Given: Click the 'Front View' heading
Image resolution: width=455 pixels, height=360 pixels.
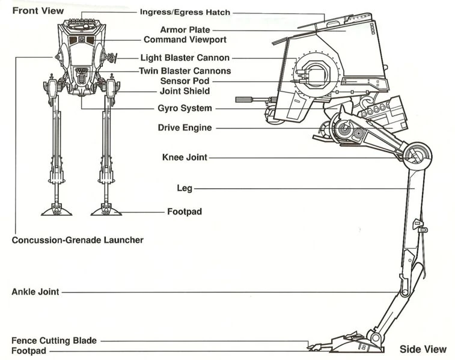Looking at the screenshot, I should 38,11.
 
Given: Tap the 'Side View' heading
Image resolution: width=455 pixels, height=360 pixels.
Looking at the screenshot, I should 423,349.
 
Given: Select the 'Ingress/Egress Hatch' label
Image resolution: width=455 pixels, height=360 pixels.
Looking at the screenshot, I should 185,12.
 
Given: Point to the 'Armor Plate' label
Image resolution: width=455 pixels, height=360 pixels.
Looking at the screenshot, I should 185,29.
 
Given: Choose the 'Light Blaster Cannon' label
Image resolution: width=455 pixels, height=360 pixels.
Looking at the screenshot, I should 185,58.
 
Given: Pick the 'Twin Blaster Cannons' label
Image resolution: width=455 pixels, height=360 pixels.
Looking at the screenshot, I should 185,71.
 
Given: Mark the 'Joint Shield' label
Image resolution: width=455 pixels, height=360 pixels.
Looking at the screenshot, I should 185,91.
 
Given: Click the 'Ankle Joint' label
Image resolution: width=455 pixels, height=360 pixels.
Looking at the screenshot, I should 35,292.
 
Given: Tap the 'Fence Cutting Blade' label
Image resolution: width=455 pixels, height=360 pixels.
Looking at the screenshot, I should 54,341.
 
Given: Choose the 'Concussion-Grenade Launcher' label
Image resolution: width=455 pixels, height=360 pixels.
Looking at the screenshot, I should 78,240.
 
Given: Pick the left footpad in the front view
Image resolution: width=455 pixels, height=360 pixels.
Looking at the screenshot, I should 56,210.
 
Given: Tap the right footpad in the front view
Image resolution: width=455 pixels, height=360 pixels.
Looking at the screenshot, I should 106,210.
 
